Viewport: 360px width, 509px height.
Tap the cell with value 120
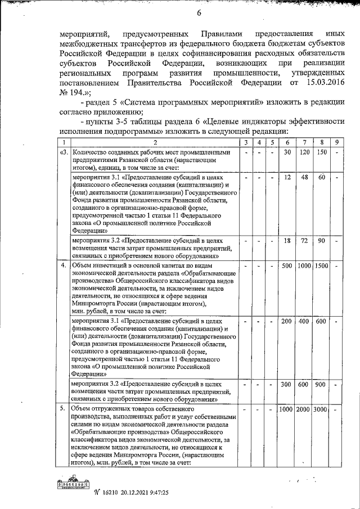[x=304, y=152]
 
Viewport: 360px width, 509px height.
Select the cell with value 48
[x=304, y=177]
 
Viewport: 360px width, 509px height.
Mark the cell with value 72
[x=304, y=240]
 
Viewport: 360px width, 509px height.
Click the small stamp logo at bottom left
[x=74, y=485]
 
